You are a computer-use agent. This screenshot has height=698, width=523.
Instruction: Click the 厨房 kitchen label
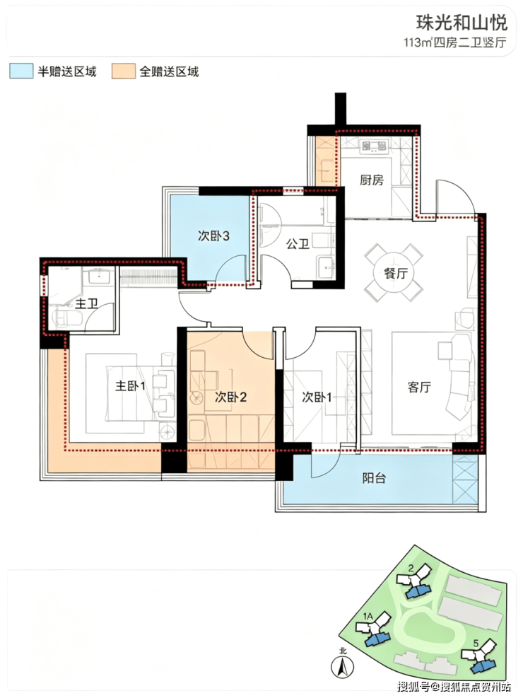click(x=371, y=180)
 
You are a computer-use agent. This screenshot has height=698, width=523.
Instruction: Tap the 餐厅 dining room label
click(x=396, y=273)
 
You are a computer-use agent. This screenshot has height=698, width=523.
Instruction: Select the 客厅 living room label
click(x=419, y=387)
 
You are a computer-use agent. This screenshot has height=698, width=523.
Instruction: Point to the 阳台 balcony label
click(x=374, y=478)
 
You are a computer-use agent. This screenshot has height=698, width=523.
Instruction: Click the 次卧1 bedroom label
click(x=317, y=397)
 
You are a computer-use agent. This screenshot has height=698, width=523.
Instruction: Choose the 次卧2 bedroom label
click(x=230, y=397)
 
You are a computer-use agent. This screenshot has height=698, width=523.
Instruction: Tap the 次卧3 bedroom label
click(x=213, y=235)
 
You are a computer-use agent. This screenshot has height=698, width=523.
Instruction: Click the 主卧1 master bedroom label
click(x=130, y=385)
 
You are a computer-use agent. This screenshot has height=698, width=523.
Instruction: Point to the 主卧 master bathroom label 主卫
click(x=86, y=304)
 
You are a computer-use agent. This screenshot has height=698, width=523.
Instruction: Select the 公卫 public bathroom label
click(x=298, y=243)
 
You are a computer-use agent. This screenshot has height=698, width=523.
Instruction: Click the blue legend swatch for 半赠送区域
click(x=21, y=71)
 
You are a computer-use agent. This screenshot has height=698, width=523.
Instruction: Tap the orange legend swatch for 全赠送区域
click(x=124, y=71)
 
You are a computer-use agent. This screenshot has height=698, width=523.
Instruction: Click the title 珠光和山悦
click(x=462, y=22)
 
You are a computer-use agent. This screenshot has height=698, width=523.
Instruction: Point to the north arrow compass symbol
click(x=343, y=667)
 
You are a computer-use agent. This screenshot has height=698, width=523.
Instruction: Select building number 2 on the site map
click(x=411, y=568)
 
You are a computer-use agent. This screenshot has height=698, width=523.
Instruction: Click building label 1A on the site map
click(x=368, y=616)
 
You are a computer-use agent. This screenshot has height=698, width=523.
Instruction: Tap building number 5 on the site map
click(x=476, y=643)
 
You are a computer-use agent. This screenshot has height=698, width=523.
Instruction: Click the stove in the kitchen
click(x=374, y=146)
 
